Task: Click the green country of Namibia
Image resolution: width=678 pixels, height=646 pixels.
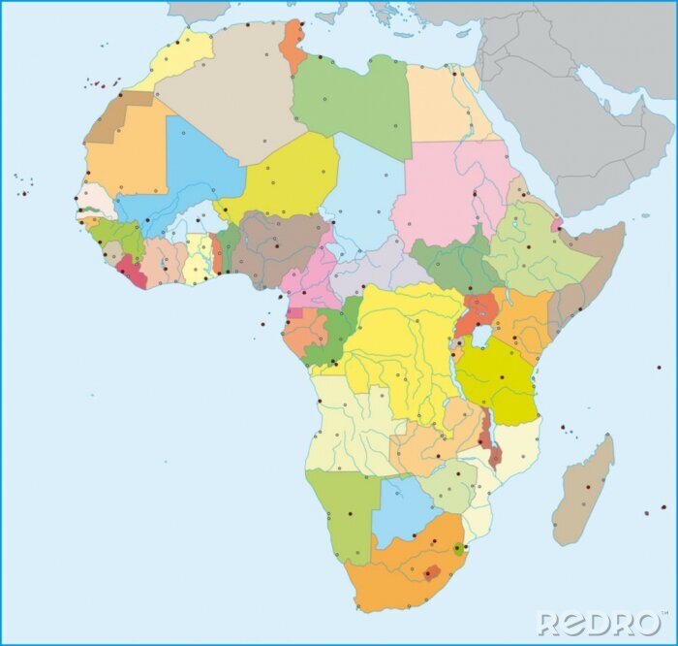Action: tap(344, 504)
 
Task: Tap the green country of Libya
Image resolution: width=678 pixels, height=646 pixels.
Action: tap(354, 102)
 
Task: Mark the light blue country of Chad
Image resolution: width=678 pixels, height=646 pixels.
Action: tap(364, 194)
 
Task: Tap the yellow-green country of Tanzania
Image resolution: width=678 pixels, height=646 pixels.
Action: tap(499, 378)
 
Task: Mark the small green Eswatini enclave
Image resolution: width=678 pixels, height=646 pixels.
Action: tap(457, 550)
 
